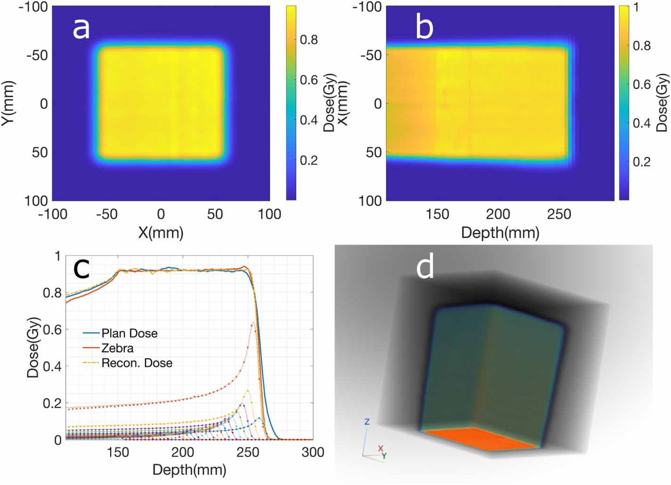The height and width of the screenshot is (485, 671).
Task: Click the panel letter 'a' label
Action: tap(81, 28)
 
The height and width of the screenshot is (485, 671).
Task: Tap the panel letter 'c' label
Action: tap(81, 269)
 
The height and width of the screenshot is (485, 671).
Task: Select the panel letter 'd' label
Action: tap(425, 267)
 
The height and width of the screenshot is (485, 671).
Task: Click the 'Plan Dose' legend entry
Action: tap(129, 333)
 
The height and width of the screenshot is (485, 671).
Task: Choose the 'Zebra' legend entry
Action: tap(117, 348)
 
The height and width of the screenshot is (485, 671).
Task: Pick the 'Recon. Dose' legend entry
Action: tap(137, 363)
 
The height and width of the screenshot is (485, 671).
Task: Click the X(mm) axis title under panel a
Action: tap(161, 232)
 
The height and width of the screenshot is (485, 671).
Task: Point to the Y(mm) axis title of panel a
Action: tap(8, 103)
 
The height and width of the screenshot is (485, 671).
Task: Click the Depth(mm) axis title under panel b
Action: tap(500, 232)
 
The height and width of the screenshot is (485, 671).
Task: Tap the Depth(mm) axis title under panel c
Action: tap(189, 469)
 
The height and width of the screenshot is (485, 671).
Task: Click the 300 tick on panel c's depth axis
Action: tap(313, 452)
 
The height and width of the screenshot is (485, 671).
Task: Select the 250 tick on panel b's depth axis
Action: tap(559, 214)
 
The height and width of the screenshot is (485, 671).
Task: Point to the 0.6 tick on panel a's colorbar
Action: tap(309, 80)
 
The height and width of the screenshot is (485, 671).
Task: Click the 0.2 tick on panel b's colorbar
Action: tap(641, 162)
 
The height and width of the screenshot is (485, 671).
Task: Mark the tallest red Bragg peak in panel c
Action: tap(253, 323)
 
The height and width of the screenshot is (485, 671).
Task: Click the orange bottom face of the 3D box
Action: tap(480, 438)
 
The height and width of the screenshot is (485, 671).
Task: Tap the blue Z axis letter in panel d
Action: tap(367, 422)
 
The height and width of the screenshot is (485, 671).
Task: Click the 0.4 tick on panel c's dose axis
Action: tap(52, 366)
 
